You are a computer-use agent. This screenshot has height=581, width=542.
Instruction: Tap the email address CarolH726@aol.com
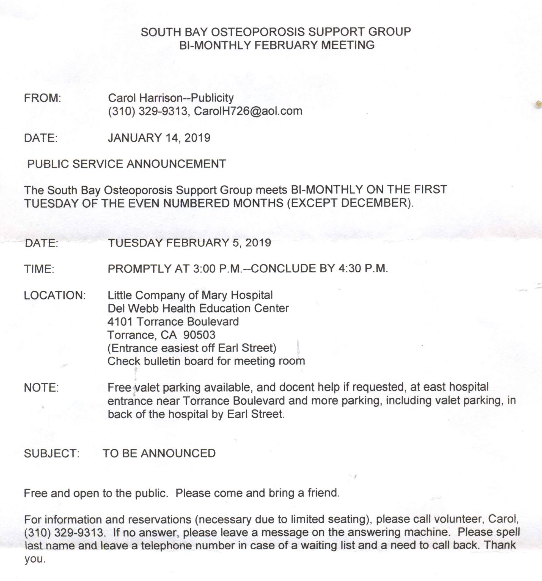[248, 111]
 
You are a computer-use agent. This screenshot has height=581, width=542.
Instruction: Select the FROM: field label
[42, 98]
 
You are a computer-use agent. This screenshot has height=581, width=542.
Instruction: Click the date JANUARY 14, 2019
[159, 138]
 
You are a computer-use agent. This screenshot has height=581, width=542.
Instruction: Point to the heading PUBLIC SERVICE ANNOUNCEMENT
[126, 164]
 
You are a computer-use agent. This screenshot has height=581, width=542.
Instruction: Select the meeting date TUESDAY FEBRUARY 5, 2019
[189, 243]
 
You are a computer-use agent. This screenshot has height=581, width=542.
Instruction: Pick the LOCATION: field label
[55, 295]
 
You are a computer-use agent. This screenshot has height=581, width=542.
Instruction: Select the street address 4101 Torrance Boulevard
[173, 321]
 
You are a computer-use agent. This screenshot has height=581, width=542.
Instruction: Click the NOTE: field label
[41, 387]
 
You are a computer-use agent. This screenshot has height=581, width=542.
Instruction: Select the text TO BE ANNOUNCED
[159, 453]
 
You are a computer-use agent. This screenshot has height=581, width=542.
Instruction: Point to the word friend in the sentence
[323, 493]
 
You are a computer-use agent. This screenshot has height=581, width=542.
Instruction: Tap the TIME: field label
[39, 269]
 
